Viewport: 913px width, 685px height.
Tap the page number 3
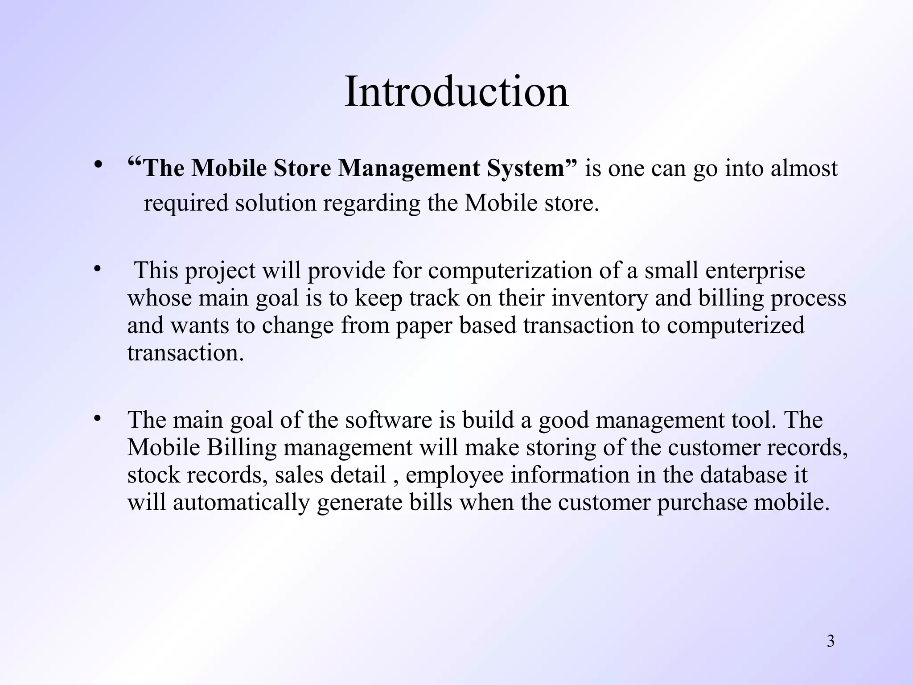pos(831,641)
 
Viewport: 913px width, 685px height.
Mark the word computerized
pos(736,326)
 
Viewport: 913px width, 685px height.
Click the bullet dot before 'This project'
pos(98,269)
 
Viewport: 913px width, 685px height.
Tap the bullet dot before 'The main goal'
pos(98,418)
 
